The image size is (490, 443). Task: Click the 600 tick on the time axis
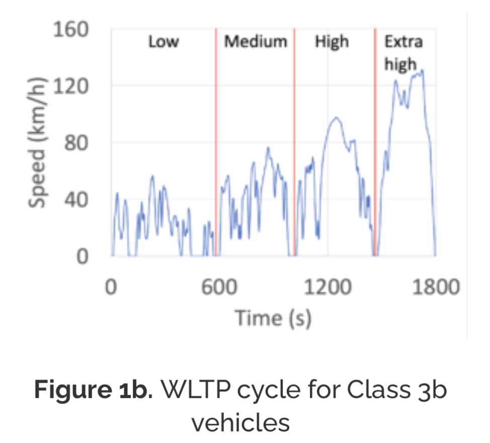pos(218,287)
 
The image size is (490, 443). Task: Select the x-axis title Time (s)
pos(273,318)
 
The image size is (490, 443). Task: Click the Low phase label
pos(164,42)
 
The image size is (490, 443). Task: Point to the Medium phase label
pos(256,42)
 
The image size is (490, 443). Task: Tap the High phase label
pos(332,42)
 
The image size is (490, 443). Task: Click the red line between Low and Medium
pos(216,151)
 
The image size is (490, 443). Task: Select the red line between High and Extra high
pos(375,151)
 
